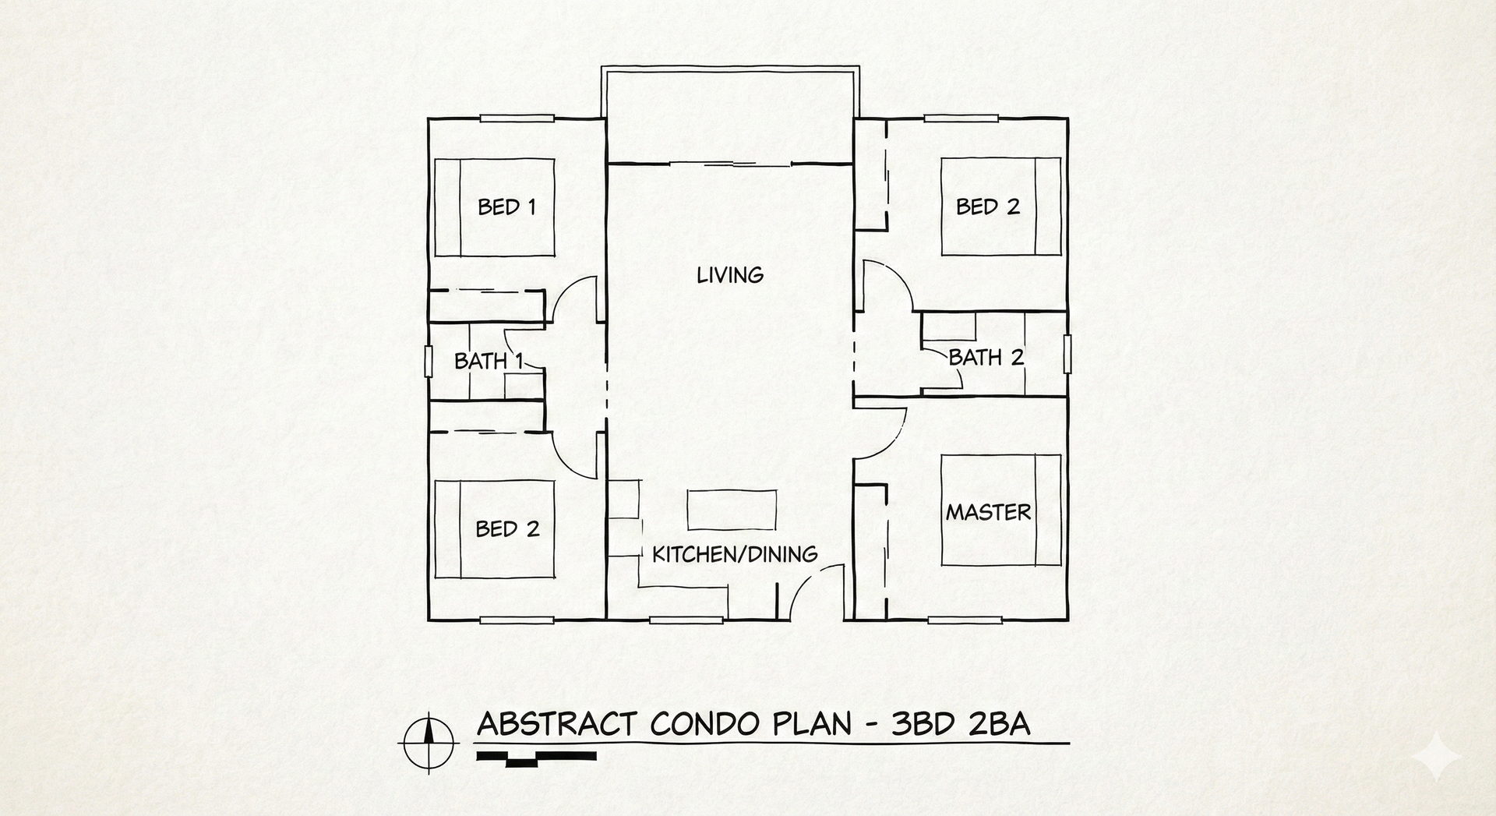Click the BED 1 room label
point(506,207)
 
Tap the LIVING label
point(730,275)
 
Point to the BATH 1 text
point(488,361)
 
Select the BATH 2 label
point(986,358)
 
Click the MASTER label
point(989,512)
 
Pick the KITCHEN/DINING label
point(735,554)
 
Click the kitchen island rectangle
point(732,510)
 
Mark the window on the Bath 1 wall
point(429,362)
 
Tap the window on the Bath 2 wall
point(1068,354)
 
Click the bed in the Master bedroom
point(1001,510)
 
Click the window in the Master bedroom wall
point(965,620)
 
